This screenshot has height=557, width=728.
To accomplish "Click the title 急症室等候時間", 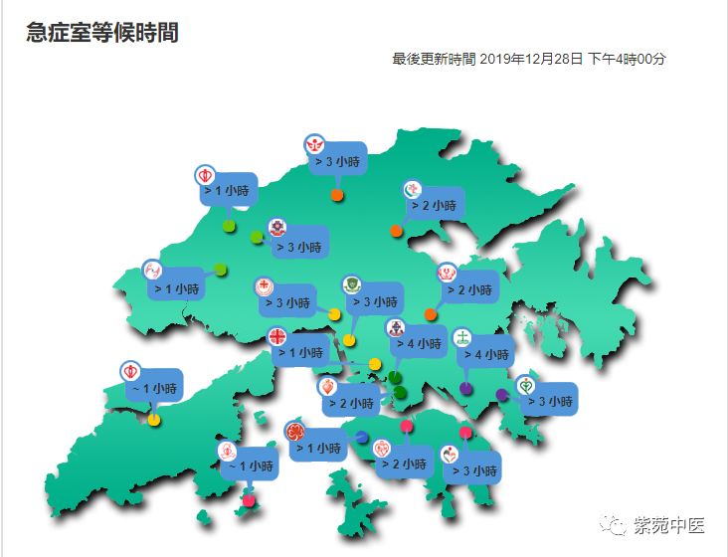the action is click(102, 33).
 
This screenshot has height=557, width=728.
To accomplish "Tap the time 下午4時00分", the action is click(627, 59).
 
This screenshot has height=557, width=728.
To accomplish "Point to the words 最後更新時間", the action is click(434, 59).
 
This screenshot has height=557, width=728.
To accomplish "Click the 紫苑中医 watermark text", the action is click(672, 524).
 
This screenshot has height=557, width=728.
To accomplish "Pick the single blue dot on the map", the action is click(362, 438).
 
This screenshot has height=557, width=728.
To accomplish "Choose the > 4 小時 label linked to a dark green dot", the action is click(416, 344).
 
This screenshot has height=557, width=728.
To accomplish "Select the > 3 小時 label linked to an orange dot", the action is click(338, 160).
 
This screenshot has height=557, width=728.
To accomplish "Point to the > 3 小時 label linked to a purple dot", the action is click(549, 402).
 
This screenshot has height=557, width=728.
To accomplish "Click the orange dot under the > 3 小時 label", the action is click(338, 195).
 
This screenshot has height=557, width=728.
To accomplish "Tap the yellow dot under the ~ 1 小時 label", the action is click(154, 420).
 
